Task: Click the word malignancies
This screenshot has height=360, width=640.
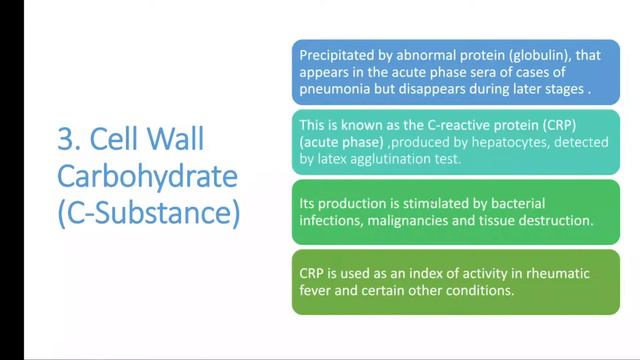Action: [x=407, y=219]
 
